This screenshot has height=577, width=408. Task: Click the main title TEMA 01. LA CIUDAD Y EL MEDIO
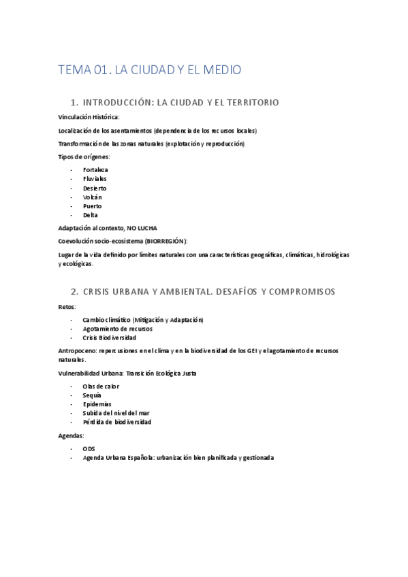(150, 69)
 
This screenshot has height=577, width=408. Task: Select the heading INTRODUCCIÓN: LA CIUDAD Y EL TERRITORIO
(181, 103)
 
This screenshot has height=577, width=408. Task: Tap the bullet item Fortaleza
(95, 169)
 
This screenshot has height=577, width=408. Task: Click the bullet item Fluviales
(95, 179)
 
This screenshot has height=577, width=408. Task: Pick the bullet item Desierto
(95, 188)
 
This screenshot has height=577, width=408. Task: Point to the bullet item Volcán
(92, 197)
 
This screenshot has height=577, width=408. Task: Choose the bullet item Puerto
(92, 206)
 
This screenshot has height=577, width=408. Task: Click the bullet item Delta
(91, 215)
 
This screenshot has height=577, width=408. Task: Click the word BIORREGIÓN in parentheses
(160, 241)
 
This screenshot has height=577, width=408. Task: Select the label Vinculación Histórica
(89, 117)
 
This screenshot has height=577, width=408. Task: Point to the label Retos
(67, 307)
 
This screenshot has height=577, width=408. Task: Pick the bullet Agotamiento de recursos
(117, 329)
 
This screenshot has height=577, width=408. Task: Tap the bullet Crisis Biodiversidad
(109, 337)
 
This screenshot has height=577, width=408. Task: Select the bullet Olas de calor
(101, 386)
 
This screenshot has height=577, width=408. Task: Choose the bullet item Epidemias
(97, 403)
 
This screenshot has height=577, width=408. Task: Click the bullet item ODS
(89, 449)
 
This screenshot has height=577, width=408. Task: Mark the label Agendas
(71, 435)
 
